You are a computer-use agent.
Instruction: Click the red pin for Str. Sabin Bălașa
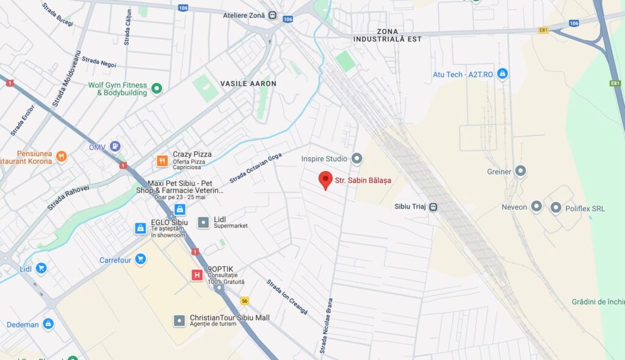(x=325, y=180)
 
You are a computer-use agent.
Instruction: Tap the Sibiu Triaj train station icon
(x=433, y=207)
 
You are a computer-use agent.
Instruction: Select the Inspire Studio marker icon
(x=357, y=159)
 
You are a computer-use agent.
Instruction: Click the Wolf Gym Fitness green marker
(x=157, y=88)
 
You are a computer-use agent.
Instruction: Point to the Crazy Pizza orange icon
(x=162, y=161)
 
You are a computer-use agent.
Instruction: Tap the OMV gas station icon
(x=115, y=146)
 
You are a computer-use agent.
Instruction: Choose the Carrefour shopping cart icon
(x=141, y=260)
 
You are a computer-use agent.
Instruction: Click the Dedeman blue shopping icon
(x=48, y=324)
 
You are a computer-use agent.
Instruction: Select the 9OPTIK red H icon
(x=197, y=275)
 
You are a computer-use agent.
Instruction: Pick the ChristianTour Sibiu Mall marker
(x=179, y=320)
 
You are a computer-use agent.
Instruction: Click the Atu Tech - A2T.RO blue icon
(x=502, y=74)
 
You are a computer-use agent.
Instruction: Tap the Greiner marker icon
(x=521, y=171)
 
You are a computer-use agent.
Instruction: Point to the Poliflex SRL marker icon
(x=555, y=207)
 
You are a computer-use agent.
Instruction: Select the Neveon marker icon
(x=536, y=206)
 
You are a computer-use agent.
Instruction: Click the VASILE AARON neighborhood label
(x=248, y=84)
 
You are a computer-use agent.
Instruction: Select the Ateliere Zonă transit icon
(x=272, y=15)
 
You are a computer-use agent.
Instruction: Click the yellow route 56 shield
(x=245, y=301)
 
